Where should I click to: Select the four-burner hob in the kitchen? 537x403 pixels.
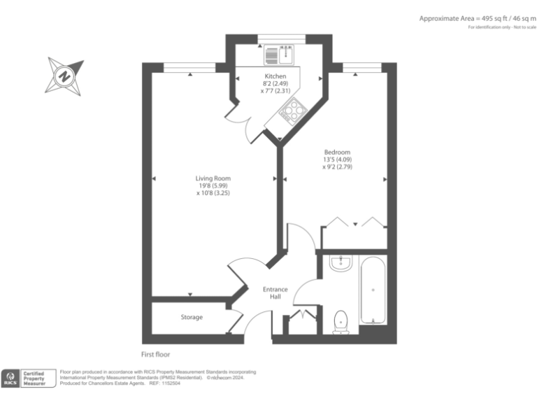point(293,109)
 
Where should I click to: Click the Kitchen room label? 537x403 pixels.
point(275,76)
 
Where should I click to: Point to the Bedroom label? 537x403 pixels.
point(337,153)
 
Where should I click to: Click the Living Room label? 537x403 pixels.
point(213,178)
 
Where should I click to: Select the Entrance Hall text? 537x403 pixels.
point(271,292)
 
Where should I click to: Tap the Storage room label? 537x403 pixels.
point(192,317)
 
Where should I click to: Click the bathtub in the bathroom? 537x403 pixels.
point(373,290)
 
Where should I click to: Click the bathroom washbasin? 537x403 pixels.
point(341,263)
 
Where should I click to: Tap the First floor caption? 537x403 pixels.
point(155,354)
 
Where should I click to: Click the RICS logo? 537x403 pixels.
point(10,379)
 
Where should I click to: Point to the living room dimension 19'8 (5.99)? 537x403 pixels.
point(213,185)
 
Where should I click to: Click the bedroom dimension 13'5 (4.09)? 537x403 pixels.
point(337,160)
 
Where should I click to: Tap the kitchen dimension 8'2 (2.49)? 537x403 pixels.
point(275,83)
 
